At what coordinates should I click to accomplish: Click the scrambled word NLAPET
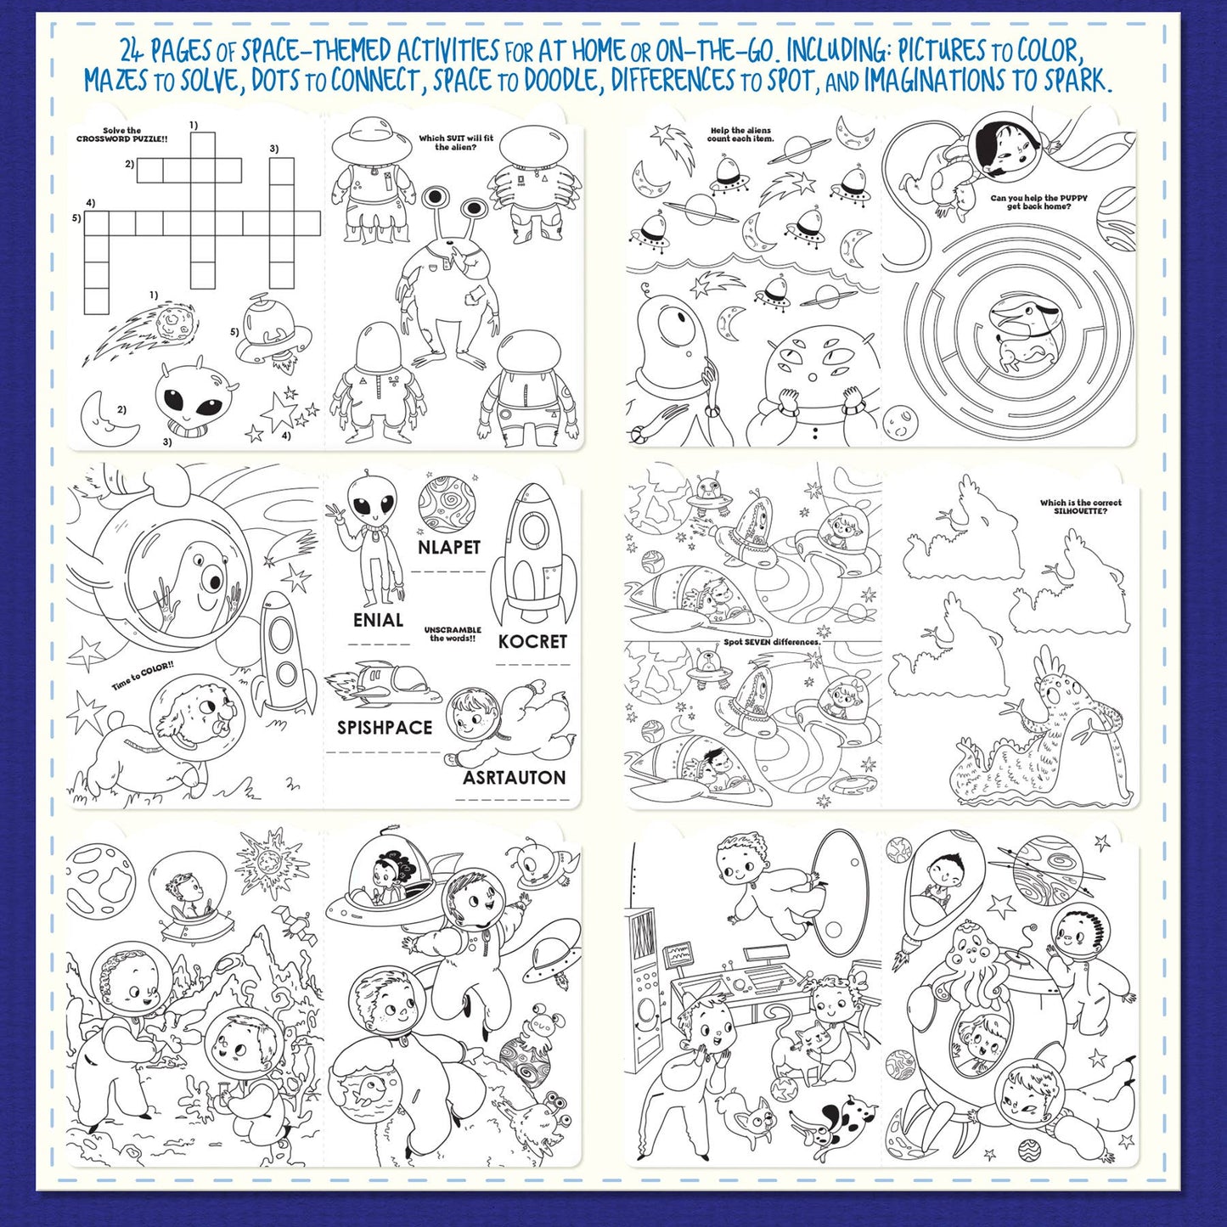click(449, 548)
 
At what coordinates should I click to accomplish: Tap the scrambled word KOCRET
click(532, 641)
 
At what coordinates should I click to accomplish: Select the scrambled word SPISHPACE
click(385, 728)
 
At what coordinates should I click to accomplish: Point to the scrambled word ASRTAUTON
click(514, 778)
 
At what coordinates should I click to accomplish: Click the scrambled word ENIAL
click(378, 621)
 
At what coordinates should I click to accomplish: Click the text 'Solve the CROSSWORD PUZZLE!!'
click(122, 134)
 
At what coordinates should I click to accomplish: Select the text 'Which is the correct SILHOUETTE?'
click(1080, 507)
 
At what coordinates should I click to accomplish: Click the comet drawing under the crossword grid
click(144, 331)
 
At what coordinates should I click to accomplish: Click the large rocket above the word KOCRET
click(533, 552)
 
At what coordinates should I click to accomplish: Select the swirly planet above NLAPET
click(446, 504)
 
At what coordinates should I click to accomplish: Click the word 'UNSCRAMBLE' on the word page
click(452, 630)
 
